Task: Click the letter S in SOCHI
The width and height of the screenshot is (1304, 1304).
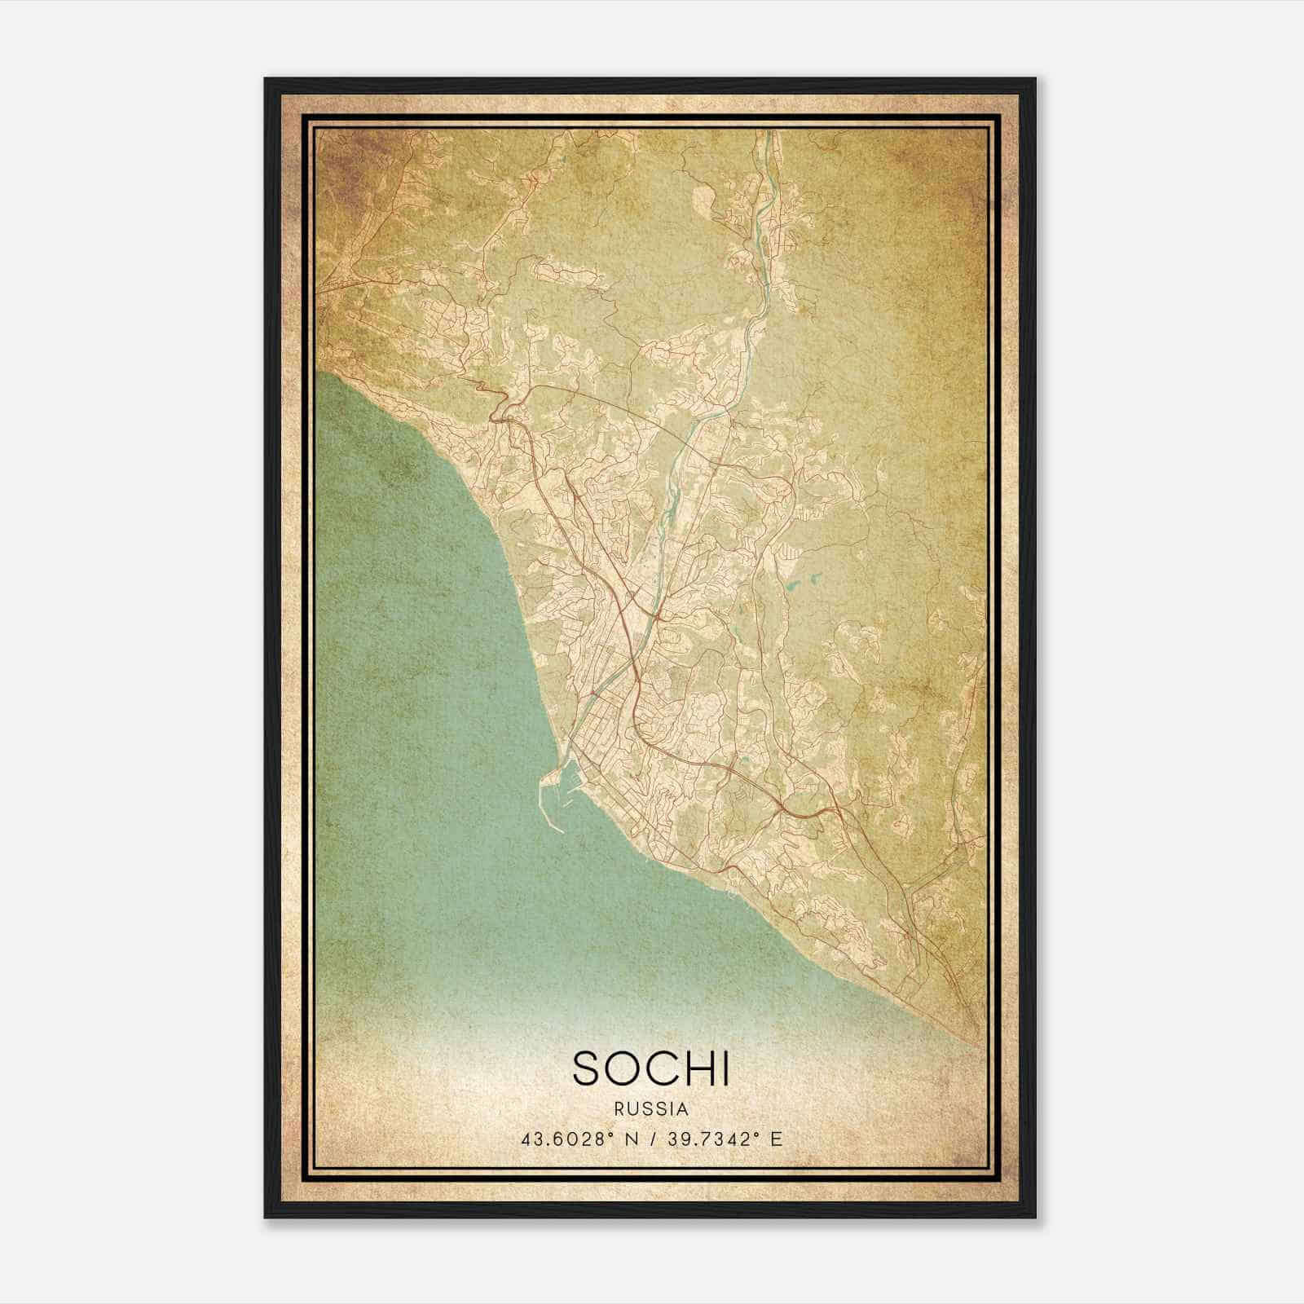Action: click(588, 1068)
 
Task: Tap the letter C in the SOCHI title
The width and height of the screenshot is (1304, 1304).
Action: click(662, 1068)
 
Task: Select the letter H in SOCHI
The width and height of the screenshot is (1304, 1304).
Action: click(698, 1068)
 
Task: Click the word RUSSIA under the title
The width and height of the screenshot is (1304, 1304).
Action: click(652, 1109)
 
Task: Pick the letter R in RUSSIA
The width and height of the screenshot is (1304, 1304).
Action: click(620, 1109)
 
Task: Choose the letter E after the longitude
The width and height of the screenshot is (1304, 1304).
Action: click(777, 1139)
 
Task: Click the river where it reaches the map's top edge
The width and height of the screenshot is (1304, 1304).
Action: click(766, 133)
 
